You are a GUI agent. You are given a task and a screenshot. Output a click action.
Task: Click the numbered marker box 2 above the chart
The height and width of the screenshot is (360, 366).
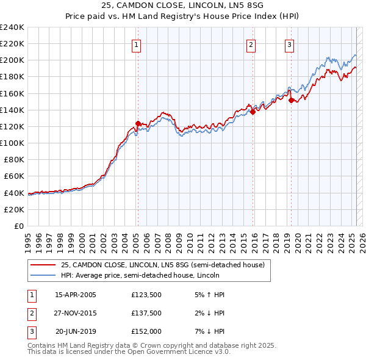coord(251,44)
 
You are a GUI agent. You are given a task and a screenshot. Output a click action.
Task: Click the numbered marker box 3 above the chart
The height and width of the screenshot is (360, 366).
coord(289,44)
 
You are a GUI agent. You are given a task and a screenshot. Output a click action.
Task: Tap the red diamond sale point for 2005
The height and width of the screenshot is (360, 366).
coord(138,123)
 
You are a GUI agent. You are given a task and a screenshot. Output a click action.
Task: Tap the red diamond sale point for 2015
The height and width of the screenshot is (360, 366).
coord(253,112)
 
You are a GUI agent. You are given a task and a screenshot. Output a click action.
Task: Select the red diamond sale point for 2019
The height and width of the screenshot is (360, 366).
coord(291,100)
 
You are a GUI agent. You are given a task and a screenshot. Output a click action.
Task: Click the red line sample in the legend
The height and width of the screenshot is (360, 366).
coord(42,265)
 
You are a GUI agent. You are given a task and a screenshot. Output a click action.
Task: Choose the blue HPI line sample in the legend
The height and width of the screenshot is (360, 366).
coord(42,275)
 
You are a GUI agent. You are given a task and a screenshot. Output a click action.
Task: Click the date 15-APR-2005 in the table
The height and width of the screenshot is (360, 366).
coord(76,295)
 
